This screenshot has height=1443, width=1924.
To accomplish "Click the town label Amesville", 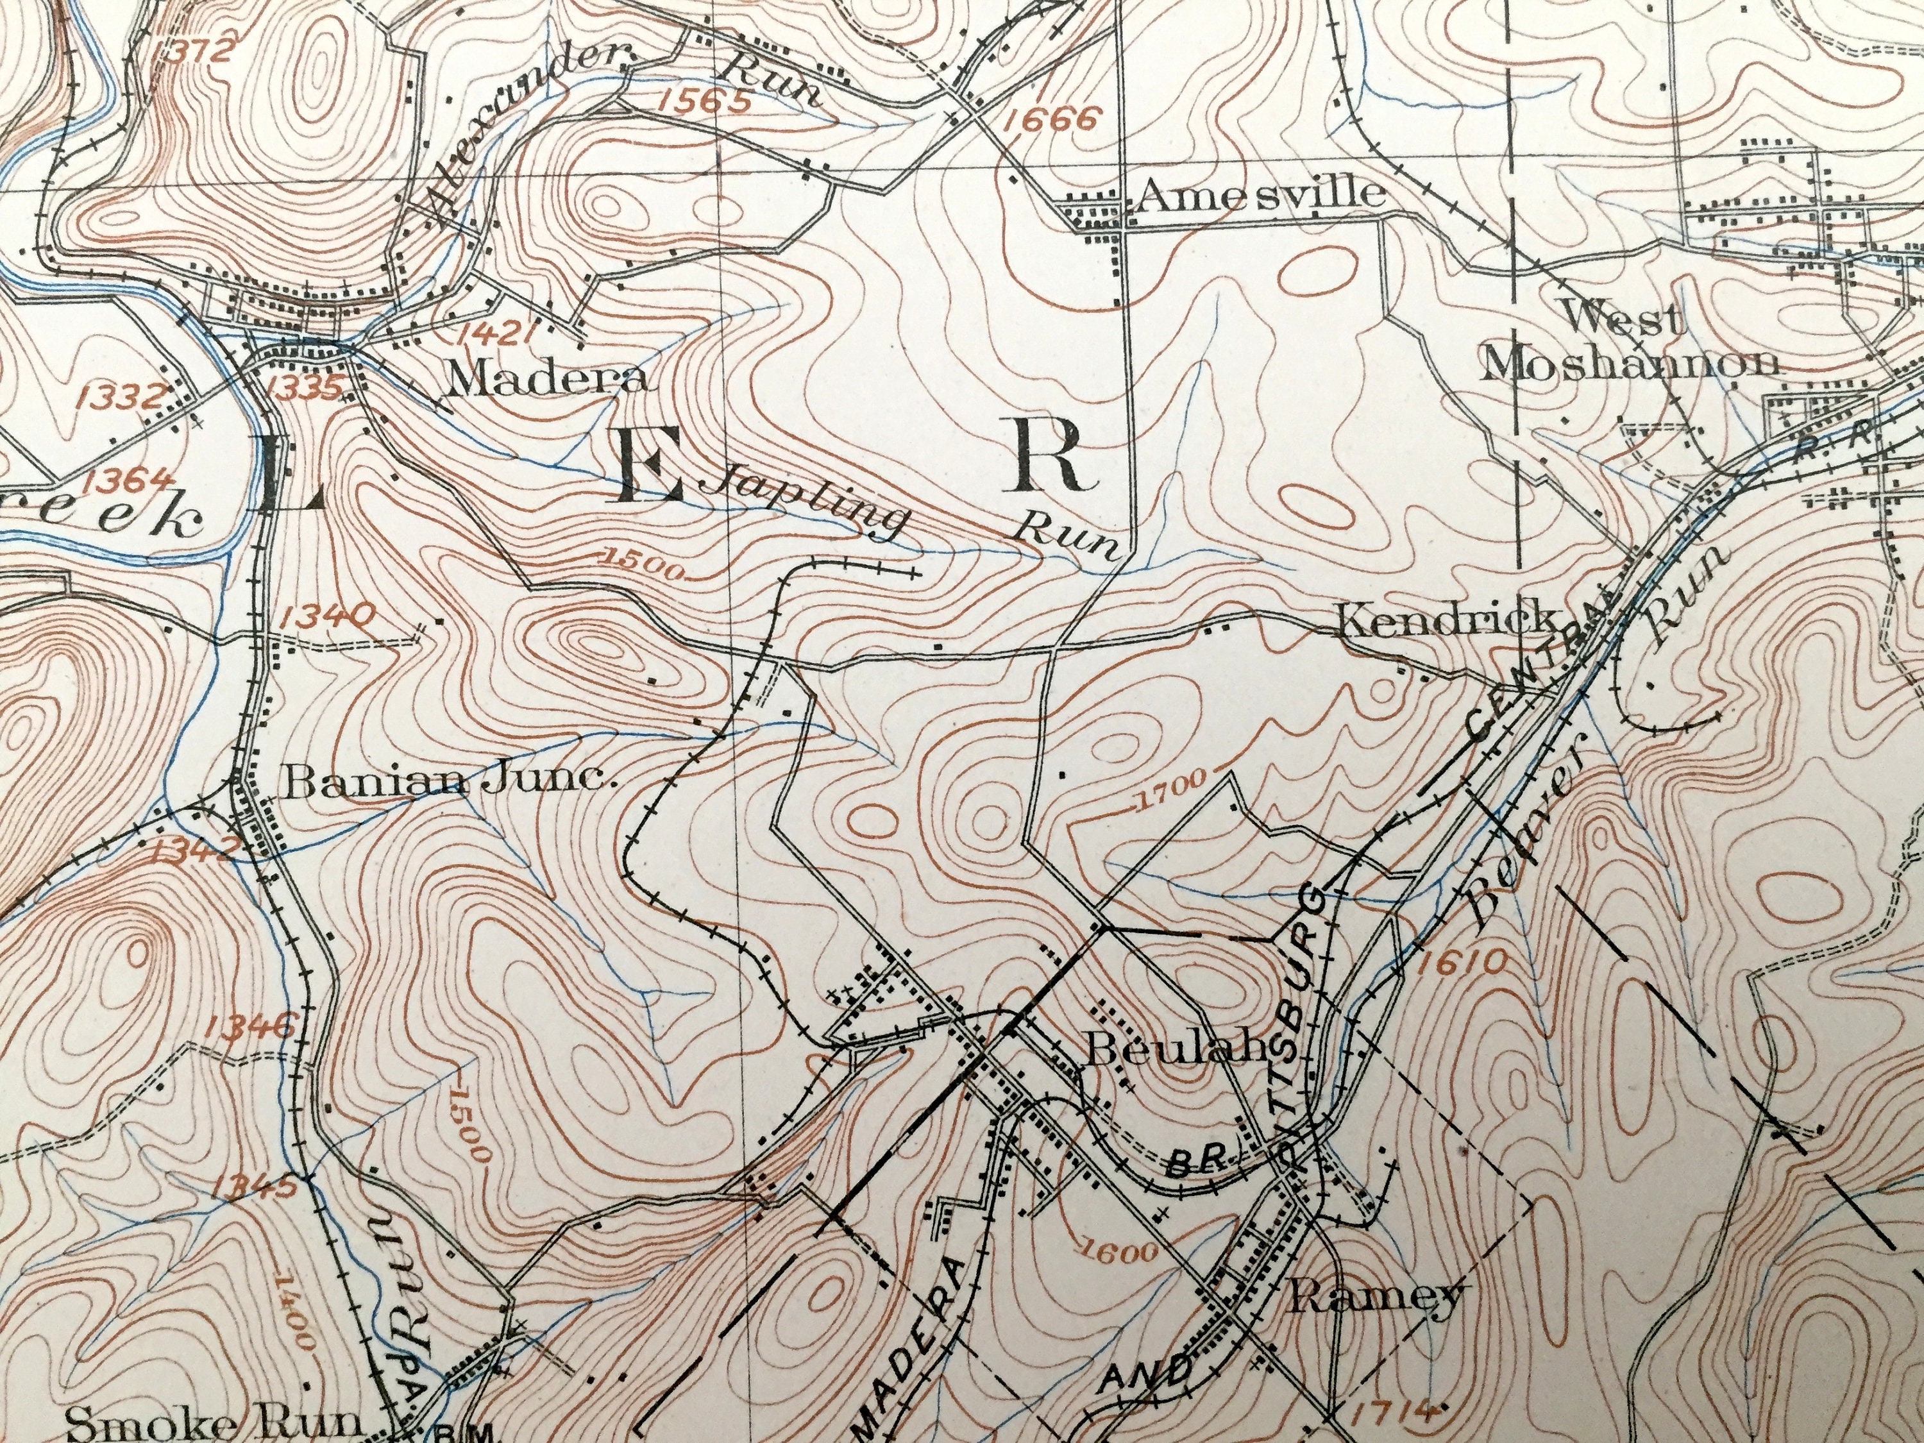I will pyautogui.click(x=1262, y=195).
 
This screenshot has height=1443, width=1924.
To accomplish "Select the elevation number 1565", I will pyautogui.click(x=705, y=103).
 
